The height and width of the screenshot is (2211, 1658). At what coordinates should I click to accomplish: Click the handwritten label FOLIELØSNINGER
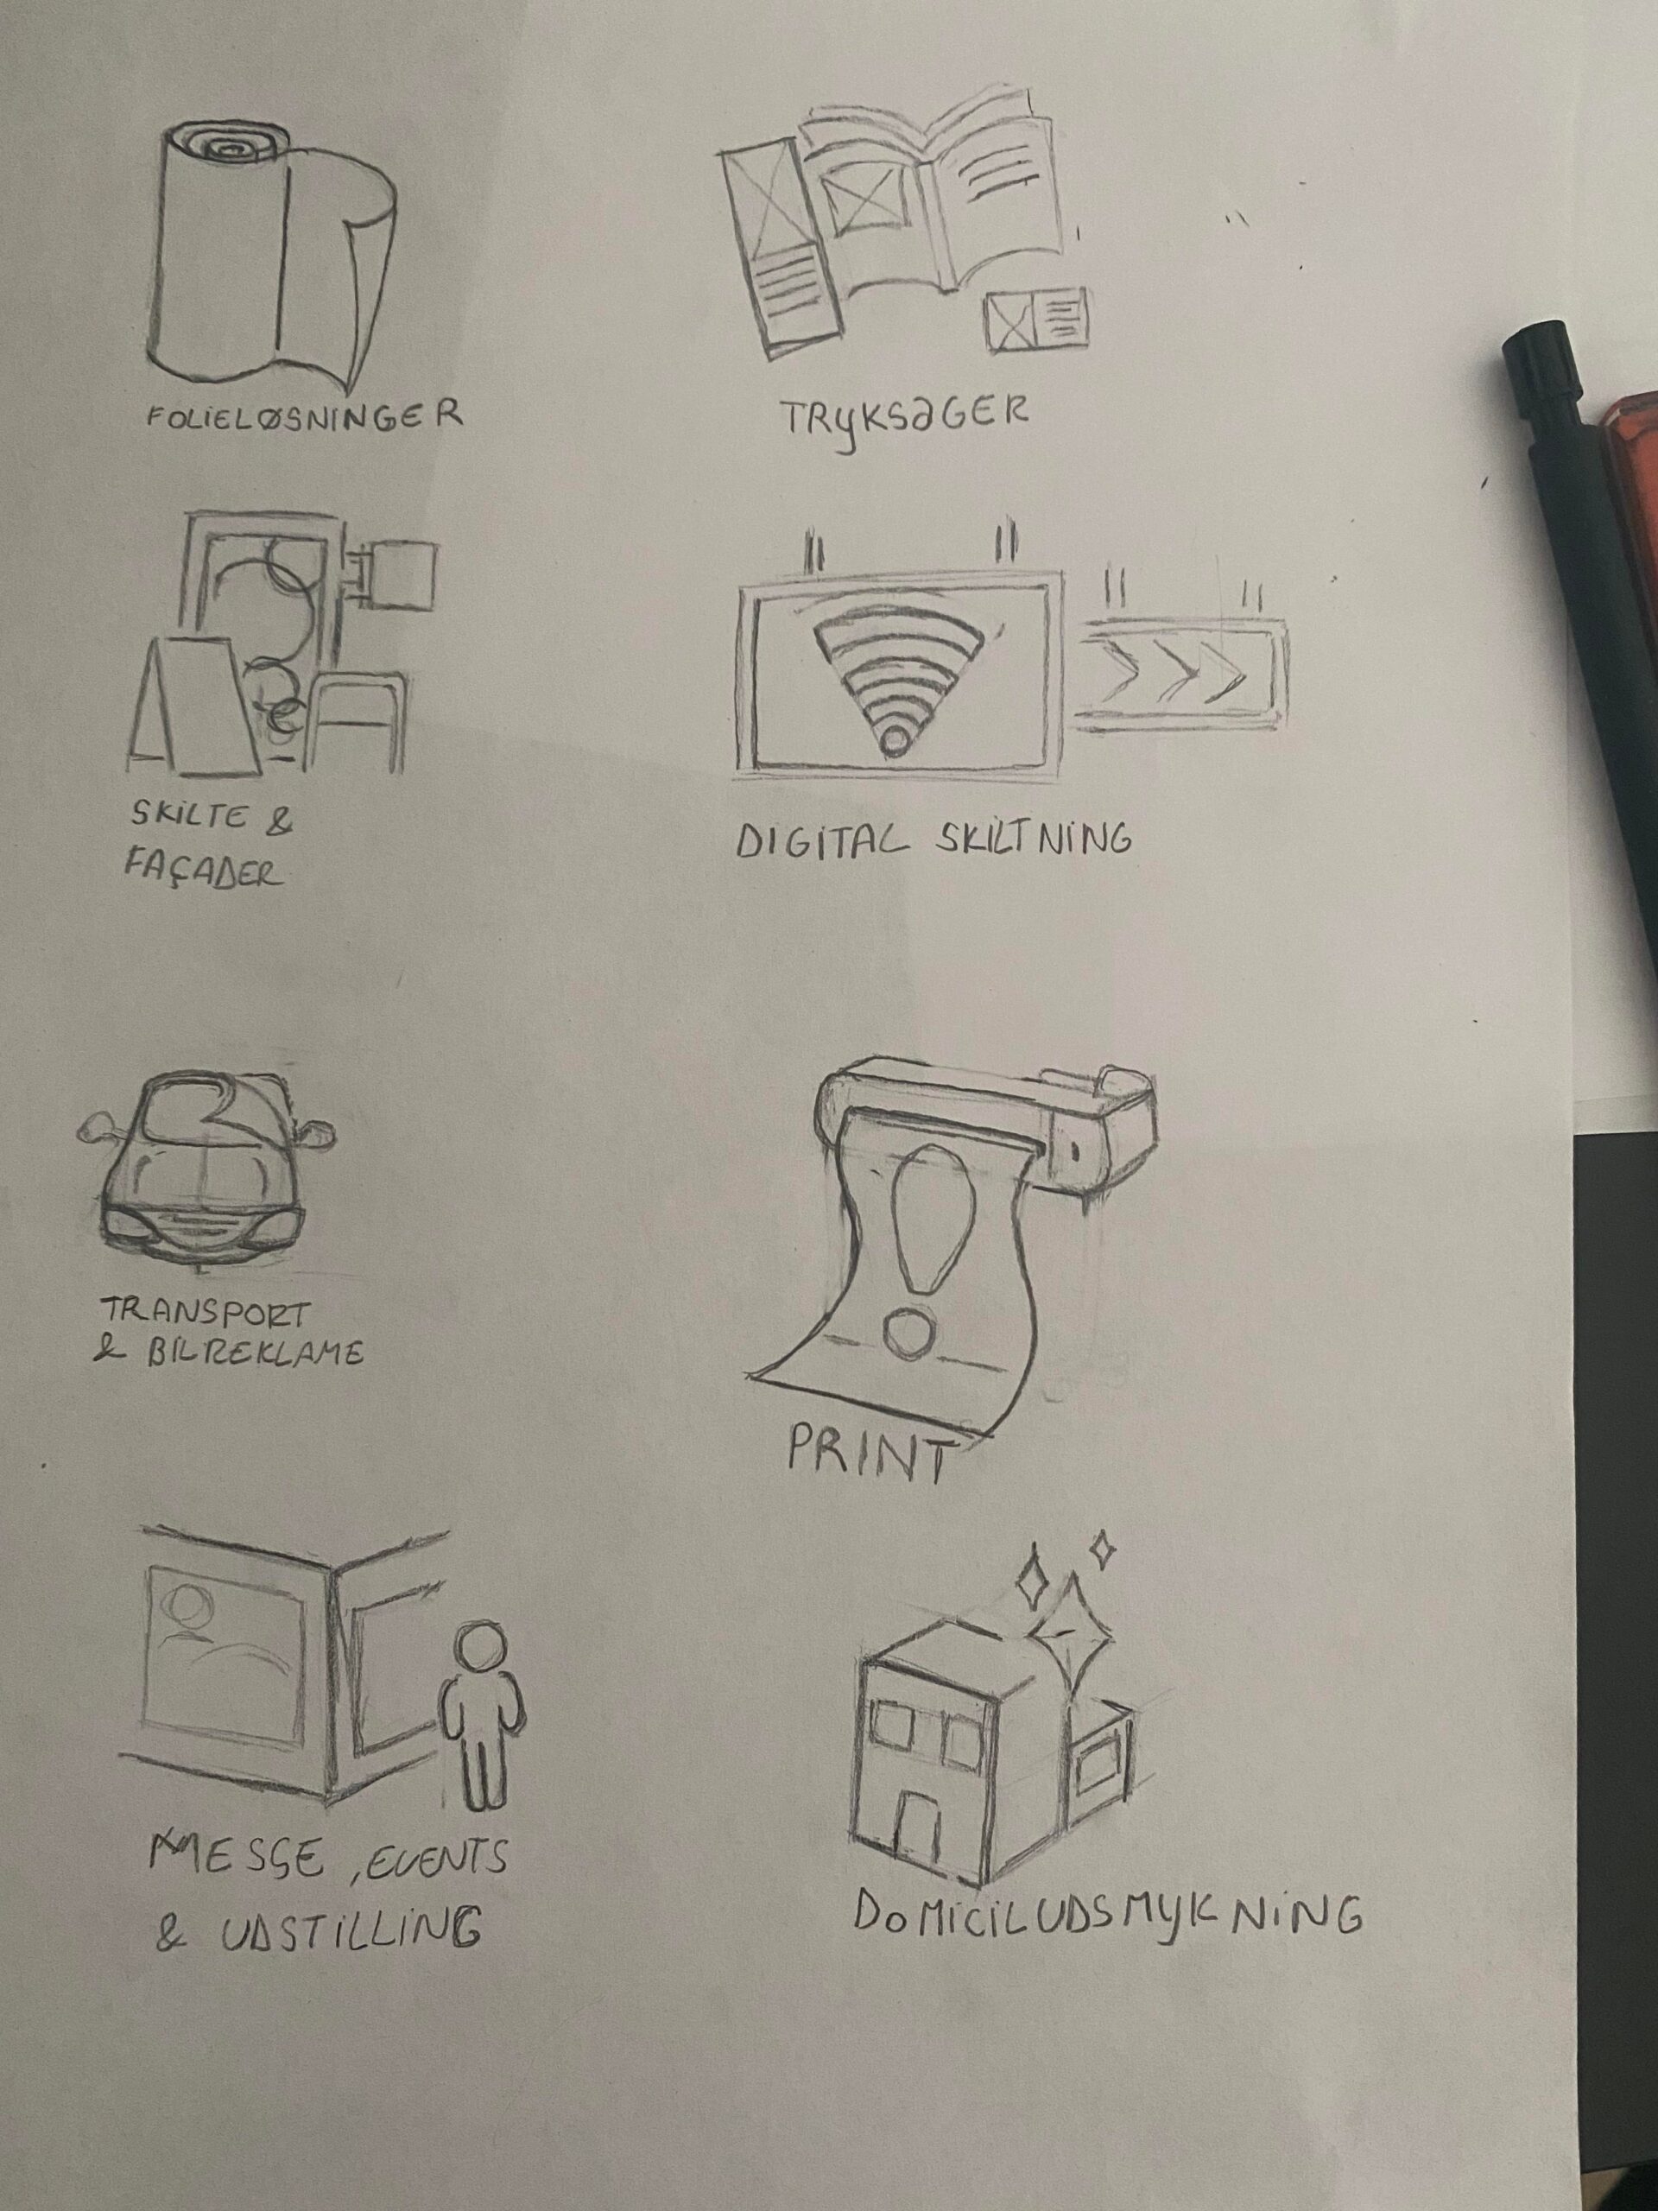tap(304, 415)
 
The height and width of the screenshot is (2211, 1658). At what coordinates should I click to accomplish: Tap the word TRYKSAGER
tap(903, 421)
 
